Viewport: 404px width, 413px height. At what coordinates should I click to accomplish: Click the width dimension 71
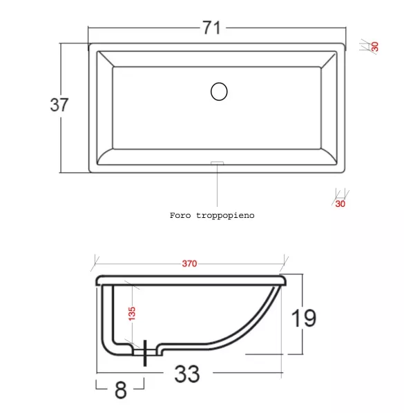point(211,28)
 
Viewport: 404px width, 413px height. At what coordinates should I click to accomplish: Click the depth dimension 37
point(59,105)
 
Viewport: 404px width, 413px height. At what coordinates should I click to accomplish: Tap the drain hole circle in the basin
point(219,92)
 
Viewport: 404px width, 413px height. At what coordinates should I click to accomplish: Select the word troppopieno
point(225,216)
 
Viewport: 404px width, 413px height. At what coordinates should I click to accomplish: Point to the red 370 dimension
point(189,263)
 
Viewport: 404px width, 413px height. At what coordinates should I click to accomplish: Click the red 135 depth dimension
point(132,314)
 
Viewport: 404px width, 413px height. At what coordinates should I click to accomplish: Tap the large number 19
point(303,318)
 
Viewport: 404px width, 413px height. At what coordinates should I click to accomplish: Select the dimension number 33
point(187,374)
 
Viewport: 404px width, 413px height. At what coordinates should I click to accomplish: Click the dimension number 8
point(121,390)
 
